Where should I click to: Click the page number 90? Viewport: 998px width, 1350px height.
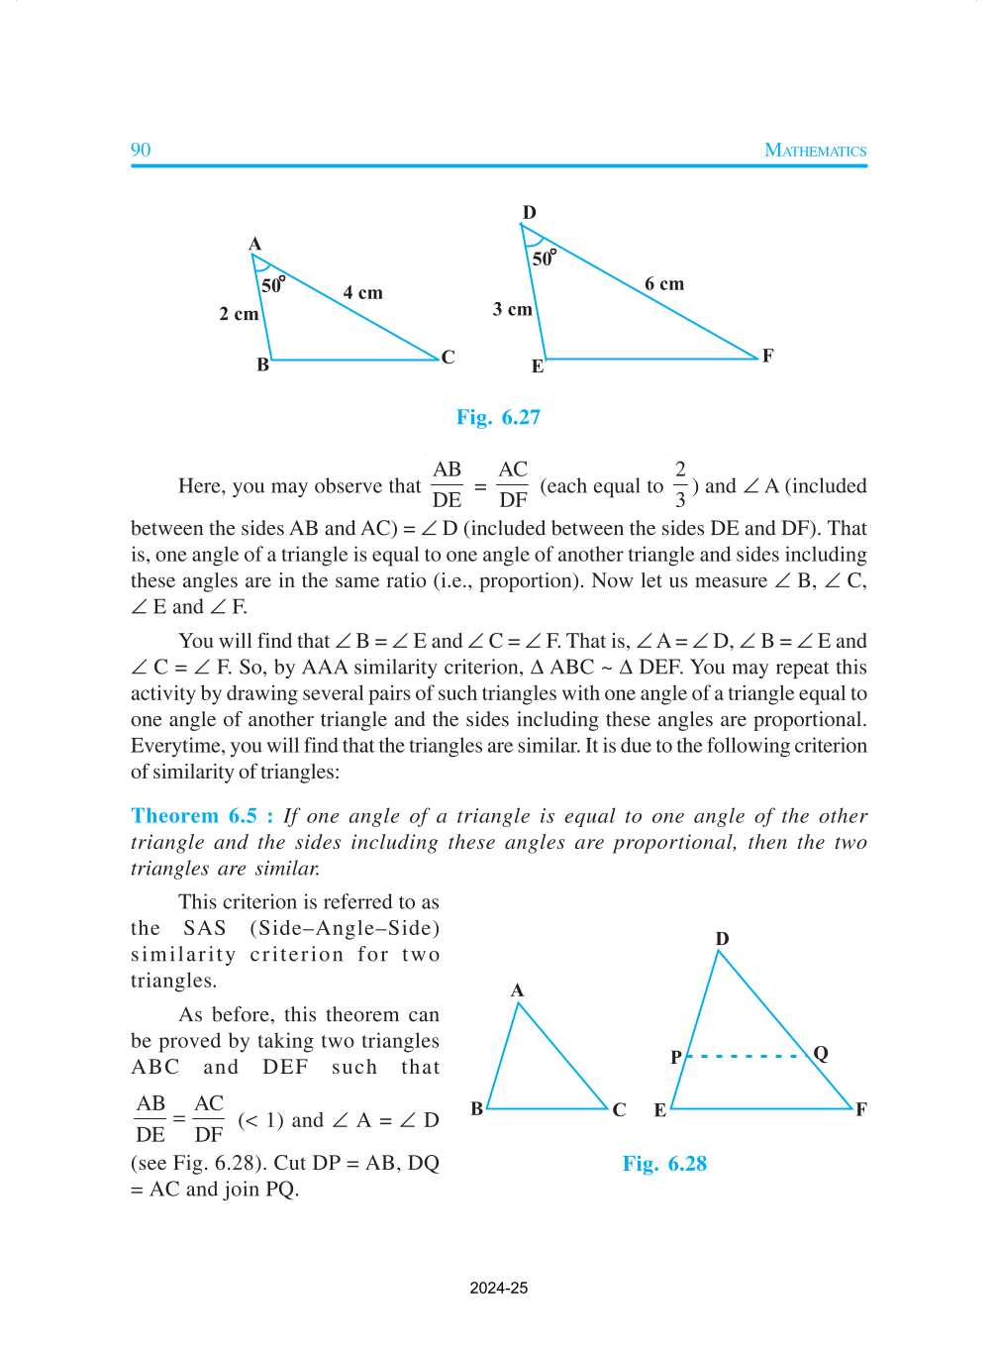coord(141,150)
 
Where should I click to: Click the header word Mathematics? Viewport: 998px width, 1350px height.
coord(815,151)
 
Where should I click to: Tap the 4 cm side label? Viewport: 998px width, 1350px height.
coord(362,292)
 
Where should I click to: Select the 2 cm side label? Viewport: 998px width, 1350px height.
coord(239,314)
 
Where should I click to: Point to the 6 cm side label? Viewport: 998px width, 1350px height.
coord(664,283)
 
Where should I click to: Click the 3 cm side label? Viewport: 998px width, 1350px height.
coord(512,309)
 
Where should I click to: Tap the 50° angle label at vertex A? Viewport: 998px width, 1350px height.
coord(272,285)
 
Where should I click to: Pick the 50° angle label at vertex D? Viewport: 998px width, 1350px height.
coord(544,259)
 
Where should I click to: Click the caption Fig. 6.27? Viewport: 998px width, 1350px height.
coord(498,417)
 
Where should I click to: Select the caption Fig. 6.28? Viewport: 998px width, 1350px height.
coord(664,1164)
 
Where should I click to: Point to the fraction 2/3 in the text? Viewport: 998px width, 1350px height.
coord(680,484)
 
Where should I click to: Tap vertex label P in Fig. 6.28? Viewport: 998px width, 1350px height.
coord(676,1057)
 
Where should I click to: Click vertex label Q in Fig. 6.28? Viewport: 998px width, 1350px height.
coord(821,1053)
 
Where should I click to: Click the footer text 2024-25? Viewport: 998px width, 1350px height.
coord(498,1289)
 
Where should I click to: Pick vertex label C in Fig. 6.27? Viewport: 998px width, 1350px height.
coord(449,357)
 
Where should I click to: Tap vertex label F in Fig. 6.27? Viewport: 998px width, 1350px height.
coord(767,356)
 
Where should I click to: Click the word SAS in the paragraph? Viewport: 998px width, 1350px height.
coord(205,928)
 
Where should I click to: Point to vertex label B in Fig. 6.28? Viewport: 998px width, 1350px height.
coord(477,1108)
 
